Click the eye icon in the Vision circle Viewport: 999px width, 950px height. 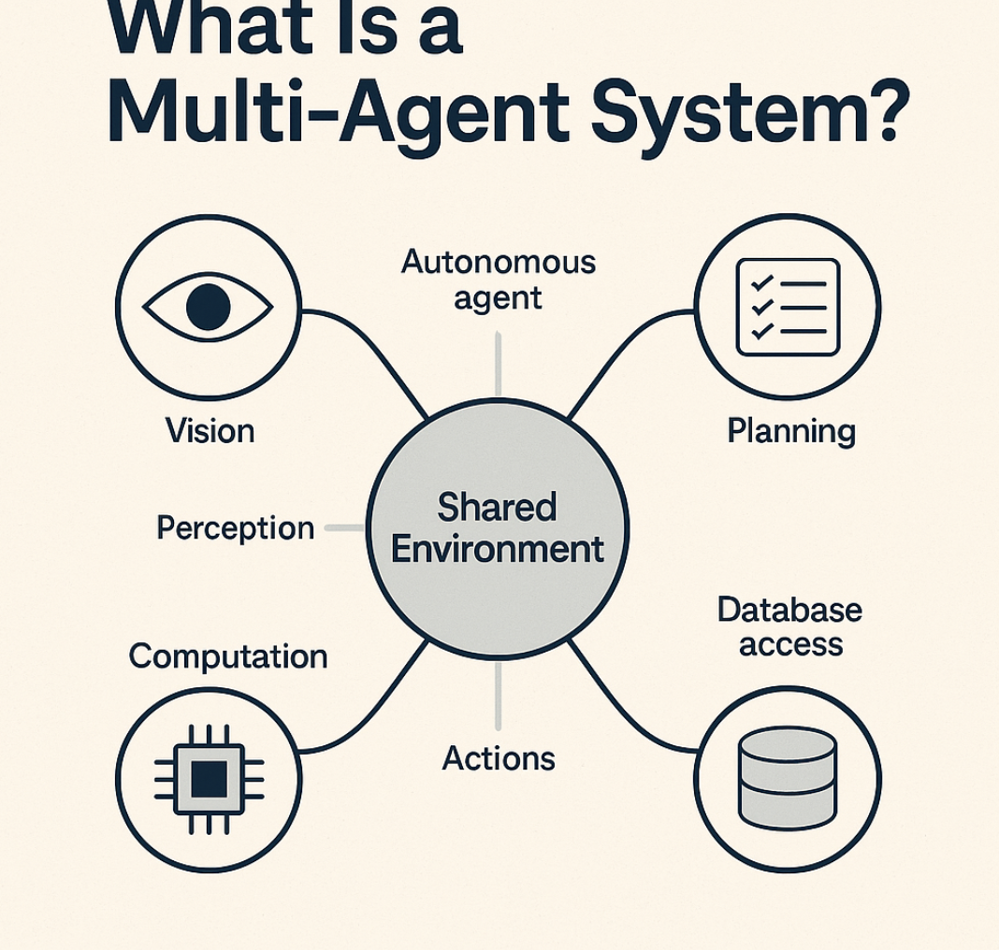click(207, 306)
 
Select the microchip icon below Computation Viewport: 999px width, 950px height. click(208, 778)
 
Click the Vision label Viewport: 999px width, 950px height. click(210, 431)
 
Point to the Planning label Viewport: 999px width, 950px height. click(790, 431)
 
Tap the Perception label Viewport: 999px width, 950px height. click(235, 528)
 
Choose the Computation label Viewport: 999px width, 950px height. click(228, 656)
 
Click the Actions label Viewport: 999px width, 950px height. click(498, 758)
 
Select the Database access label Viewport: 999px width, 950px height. click(789, 626)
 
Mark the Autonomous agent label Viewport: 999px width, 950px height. click(498, 280)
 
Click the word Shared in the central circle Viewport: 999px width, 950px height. click(497, 509)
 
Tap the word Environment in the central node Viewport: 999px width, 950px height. click(497, 549)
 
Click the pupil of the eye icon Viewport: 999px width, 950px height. click(207, 307)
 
